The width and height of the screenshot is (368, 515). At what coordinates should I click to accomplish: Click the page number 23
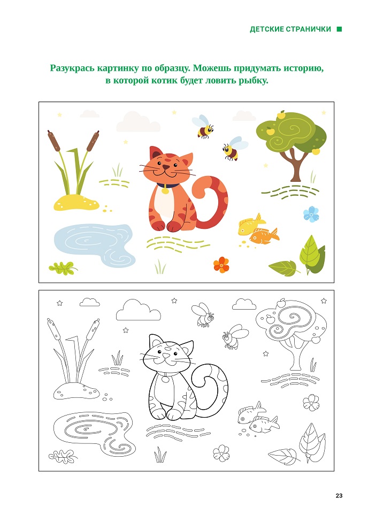pyautogui.click(x=339, y=496)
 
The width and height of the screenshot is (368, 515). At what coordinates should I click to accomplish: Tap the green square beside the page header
pyautogui.click(x=340, y=29)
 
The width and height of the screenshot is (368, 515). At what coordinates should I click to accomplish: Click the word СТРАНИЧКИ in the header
pyautogui.click(x=308, y=29)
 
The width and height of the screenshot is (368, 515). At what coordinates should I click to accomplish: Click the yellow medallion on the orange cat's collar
pyautogui.click(x=165, y=190)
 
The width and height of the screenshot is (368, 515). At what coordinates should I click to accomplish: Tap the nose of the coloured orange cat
pyautogui.click(x=166, y=167)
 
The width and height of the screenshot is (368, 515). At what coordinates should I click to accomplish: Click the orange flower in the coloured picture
pyautogui.click(x=221, y=265)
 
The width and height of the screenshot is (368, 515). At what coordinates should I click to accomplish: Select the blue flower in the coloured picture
pyautogui.click(x=311, y=214)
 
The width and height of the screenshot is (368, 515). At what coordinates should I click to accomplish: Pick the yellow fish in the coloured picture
pyautogui.click(x=251, y=224)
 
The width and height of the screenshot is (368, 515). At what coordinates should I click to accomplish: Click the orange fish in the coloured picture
pyautogui.click(x=264, y=236)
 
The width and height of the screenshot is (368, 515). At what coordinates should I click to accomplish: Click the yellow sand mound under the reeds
pyautogui.click(x=76, y=202)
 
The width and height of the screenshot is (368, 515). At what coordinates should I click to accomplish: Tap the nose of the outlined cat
pyautogui.click(x=166, y=356)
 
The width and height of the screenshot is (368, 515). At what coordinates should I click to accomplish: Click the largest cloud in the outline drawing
pyautogui.click(x=139, y=310)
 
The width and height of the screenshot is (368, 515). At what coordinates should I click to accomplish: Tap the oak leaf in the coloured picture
pyautogui.click(x=63, y=268)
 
